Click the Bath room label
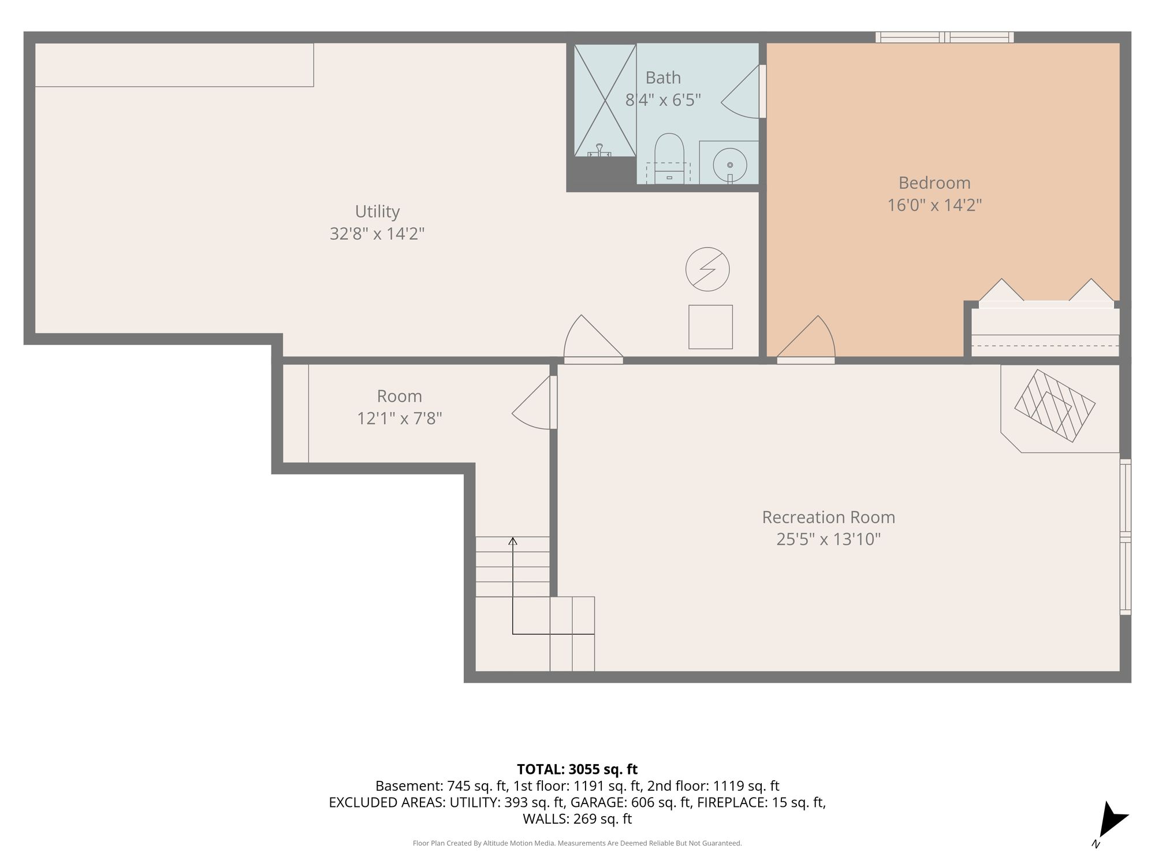click(x=663, y=77)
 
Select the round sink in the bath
click(x=730, y=164)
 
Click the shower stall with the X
click(x=605, y=100)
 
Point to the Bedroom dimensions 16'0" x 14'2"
click(x=934, y=205)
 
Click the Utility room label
click(x=377, y=212)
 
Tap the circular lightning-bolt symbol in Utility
click(x=707, y=269)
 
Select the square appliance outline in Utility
click(x=710, y=327)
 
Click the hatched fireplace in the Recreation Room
click(x=1055, y=406)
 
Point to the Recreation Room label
click(x=829, y=517)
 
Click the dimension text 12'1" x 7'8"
click(x=400, y=418)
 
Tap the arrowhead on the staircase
click(x=513, y=541)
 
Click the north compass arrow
click(x=1112, y=818)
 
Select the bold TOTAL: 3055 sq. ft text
click(x=577, y=769)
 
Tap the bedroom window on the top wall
click(x=944, y=38)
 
